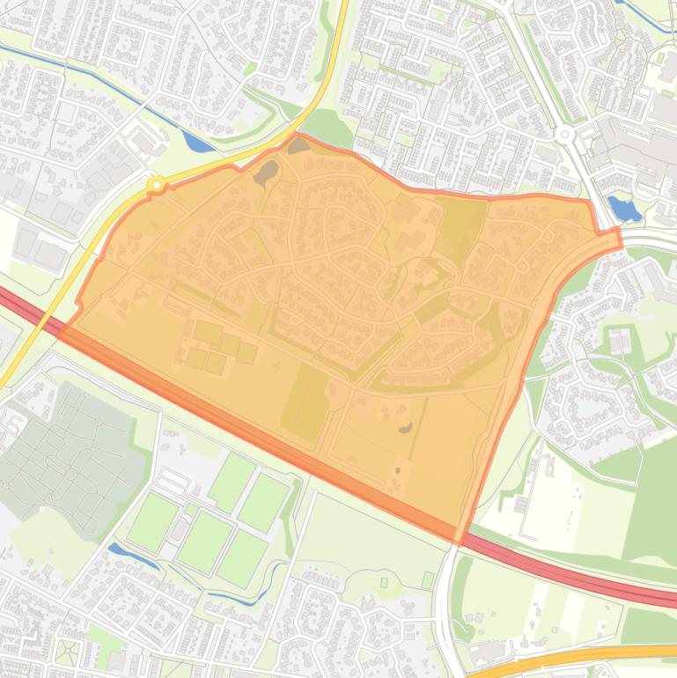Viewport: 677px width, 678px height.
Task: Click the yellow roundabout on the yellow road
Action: tap(157, 184)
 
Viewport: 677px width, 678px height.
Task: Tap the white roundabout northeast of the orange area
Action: tap(564, 135)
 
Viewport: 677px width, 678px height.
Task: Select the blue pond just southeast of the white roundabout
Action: tap(624, 209)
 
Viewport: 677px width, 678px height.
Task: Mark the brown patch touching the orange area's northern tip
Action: tap(298, 145)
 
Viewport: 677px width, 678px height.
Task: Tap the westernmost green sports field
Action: tap(152, 520)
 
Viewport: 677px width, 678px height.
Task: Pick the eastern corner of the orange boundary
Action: tap(619, 236)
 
